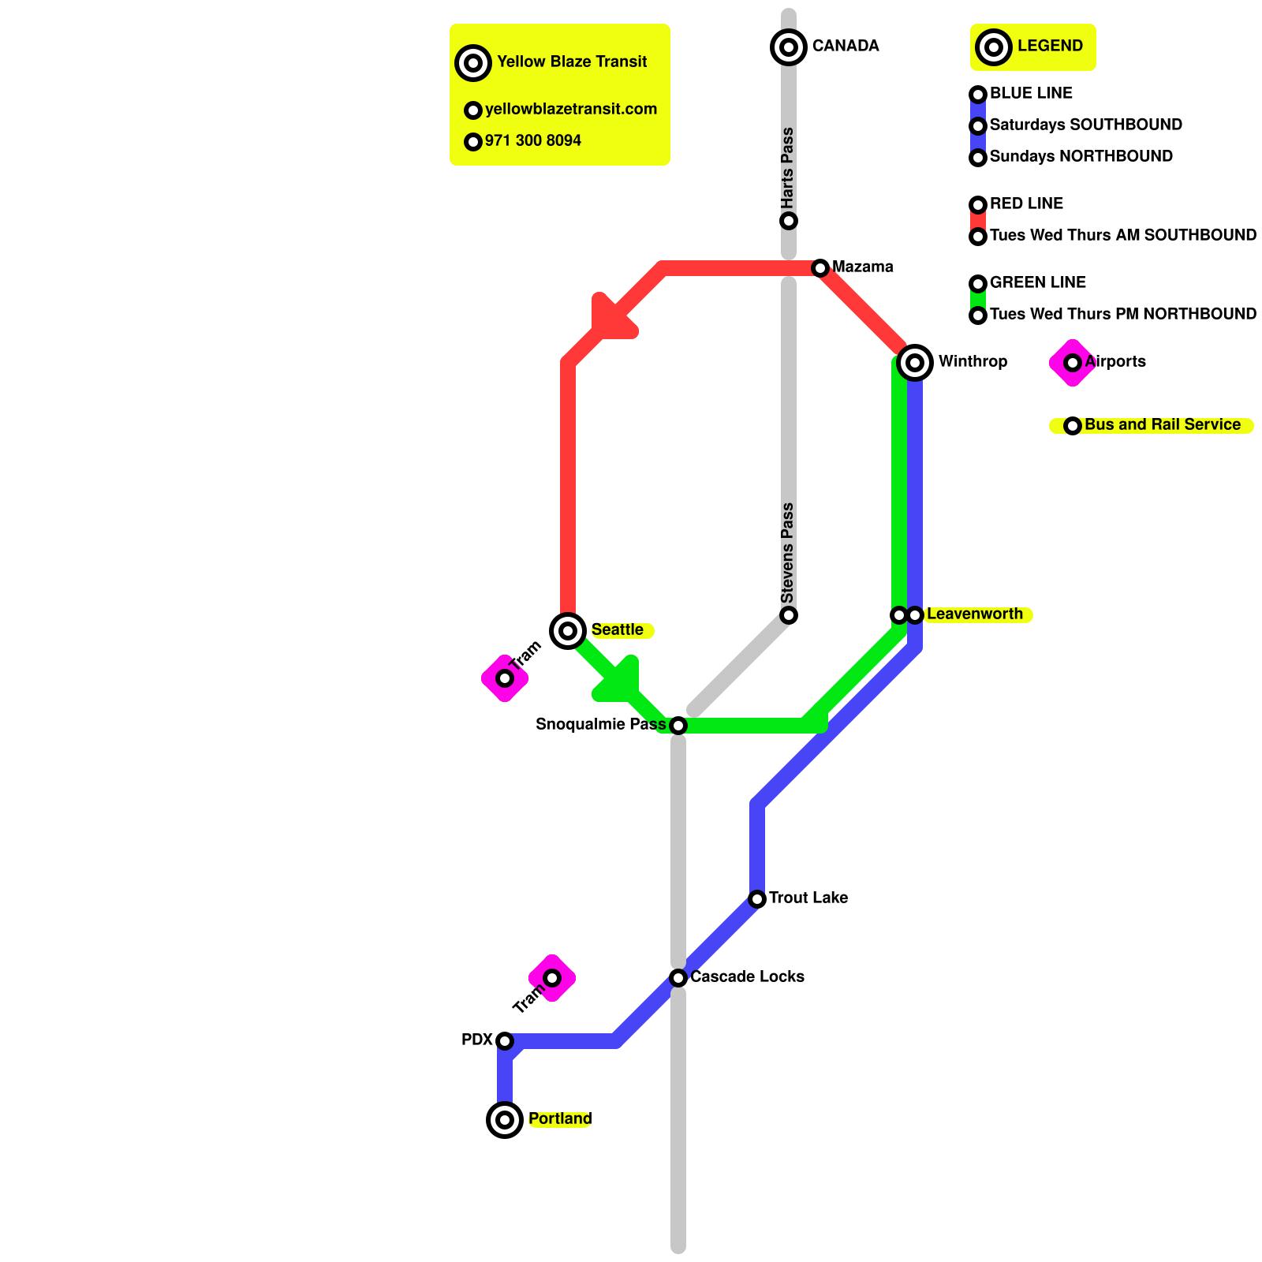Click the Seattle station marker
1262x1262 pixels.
(568, 630)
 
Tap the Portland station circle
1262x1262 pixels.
(505, 1120)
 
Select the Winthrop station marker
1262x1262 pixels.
(915, 363)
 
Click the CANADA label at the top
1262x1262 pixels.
(845, 47)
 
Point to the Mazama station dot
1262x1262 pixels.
(820, 268)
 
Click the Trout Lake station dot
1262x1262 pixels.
(757, 899)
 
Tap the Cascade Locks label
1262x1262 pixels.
(747, 977)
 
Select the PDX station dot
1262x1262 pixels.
(505, 1041)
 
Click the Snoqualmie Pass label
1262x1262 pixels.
(600, 725)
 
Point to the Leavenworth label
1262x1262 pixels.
(974, 614)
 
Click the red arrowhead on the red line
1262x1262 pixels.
(610, 319)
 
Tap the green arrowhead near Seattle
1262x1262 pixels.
(619, 681)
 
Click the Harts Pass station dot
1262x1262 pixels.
(789, 221)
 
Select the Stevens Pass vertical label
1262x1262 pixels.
(787, 552)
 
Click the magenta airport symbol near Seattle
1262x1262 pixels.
(505, 678)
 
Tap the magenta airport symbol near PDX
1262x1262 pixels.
(552, 978)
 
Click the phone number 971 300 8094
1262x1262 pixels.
(532, 141)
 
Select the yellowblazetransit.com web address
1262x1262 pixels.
(570, 110)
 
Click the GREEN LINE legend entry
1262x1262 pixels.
(1037, 283)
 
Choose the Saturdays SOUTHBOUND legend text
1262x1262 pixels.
(1085, 125)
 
